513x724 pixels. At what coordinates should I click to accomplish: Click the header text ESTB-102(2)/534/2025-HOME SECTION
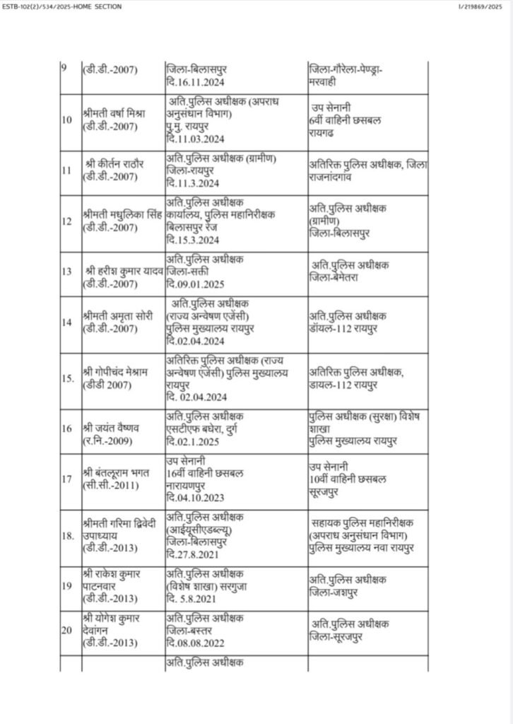pyautogui.click(x=61, y=6)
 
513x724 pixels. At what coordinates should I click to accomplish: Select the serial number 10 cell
pyautogui.click(x=67, y=119)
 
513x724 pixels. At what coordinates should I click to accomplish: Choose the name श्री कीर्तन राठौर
pyautogui.click(x=114, y=163)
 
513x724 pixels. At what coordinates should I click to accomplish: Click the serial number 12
pyautogui.click(x=67, y=221)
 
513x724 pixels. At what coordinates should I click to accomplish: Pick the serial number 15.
pyautogui.click(x=68, y=378)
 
